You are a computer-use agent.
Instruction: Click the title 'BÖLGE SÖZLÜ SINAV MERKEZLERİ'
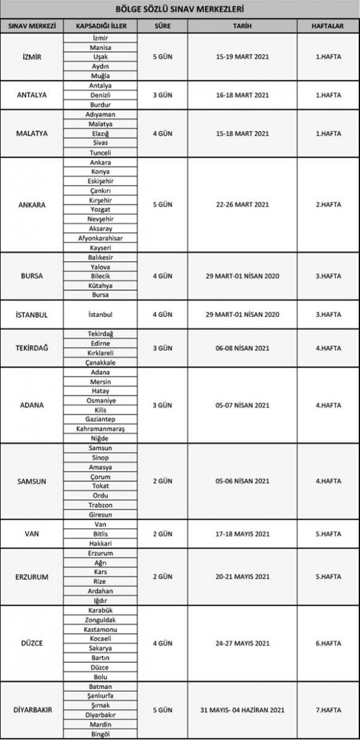click(180, 10)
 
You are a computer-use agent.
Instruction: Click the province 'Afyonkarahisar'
click(100, 237)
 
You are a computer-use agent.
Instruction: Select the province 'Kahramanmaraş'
click(100, 428)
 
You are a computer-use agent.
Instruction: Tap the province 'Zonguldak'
click(100, 619)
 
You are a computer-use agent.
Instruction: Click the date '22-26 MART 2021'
click(242, 205)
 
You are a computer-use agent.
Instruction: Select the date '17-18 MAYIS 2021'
click(242, 533)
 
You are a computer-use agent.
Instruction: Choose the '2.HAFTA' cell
click(328, 205)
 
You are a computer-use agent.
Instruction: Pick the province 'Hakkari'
click(100, 543)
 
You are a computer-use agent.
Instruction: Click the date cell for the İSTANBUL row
click(242, 314)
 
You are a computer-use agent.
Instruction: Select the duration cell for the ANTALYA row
click(162, 96)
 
